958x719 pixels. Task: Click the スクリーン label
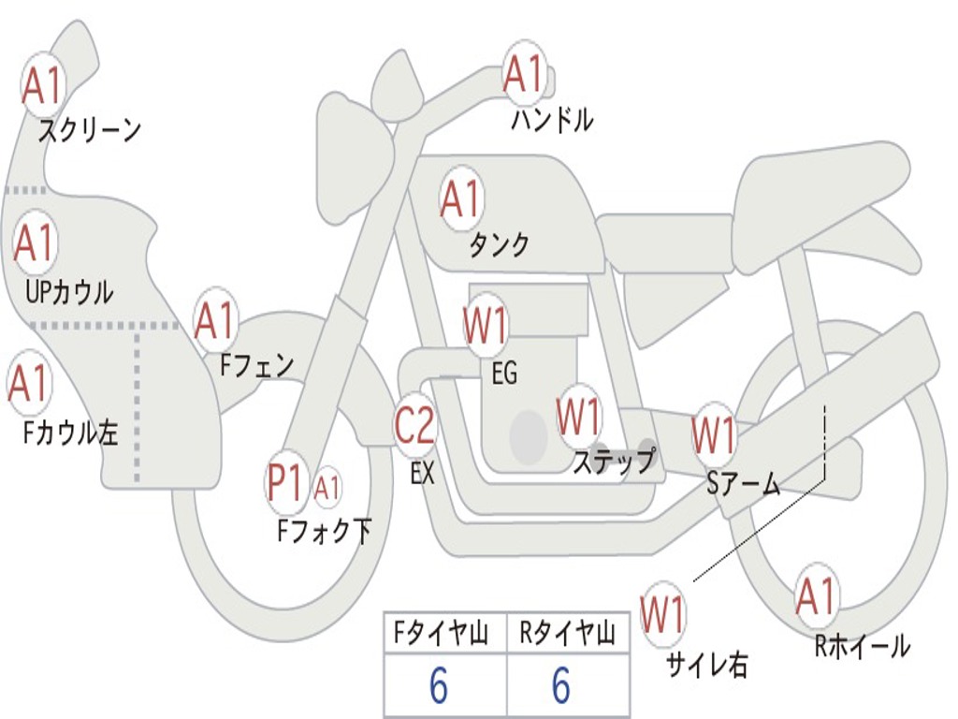89,129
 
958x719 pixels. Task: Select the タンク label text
499,244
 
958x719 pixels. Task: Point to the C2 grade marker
414,426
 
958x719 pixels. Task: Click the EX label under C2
423,473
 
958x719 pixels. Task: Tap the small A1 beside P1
327,487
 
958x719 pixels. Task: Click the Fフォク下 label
325,531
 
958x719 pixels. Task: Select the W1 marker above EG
486,327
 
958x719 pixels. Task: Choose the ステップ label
613,461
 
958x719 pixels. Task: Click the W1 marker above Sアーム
714,435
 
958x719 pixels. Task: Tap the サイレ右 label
706,664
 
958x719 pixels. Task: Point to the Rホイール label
862,645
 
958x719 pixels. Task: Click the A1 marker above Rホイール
816,596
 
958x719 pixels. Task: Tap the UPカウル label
68,291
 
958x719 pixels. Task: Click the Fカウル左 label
71,432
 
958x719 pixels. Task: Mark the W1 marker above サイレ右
662,614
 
